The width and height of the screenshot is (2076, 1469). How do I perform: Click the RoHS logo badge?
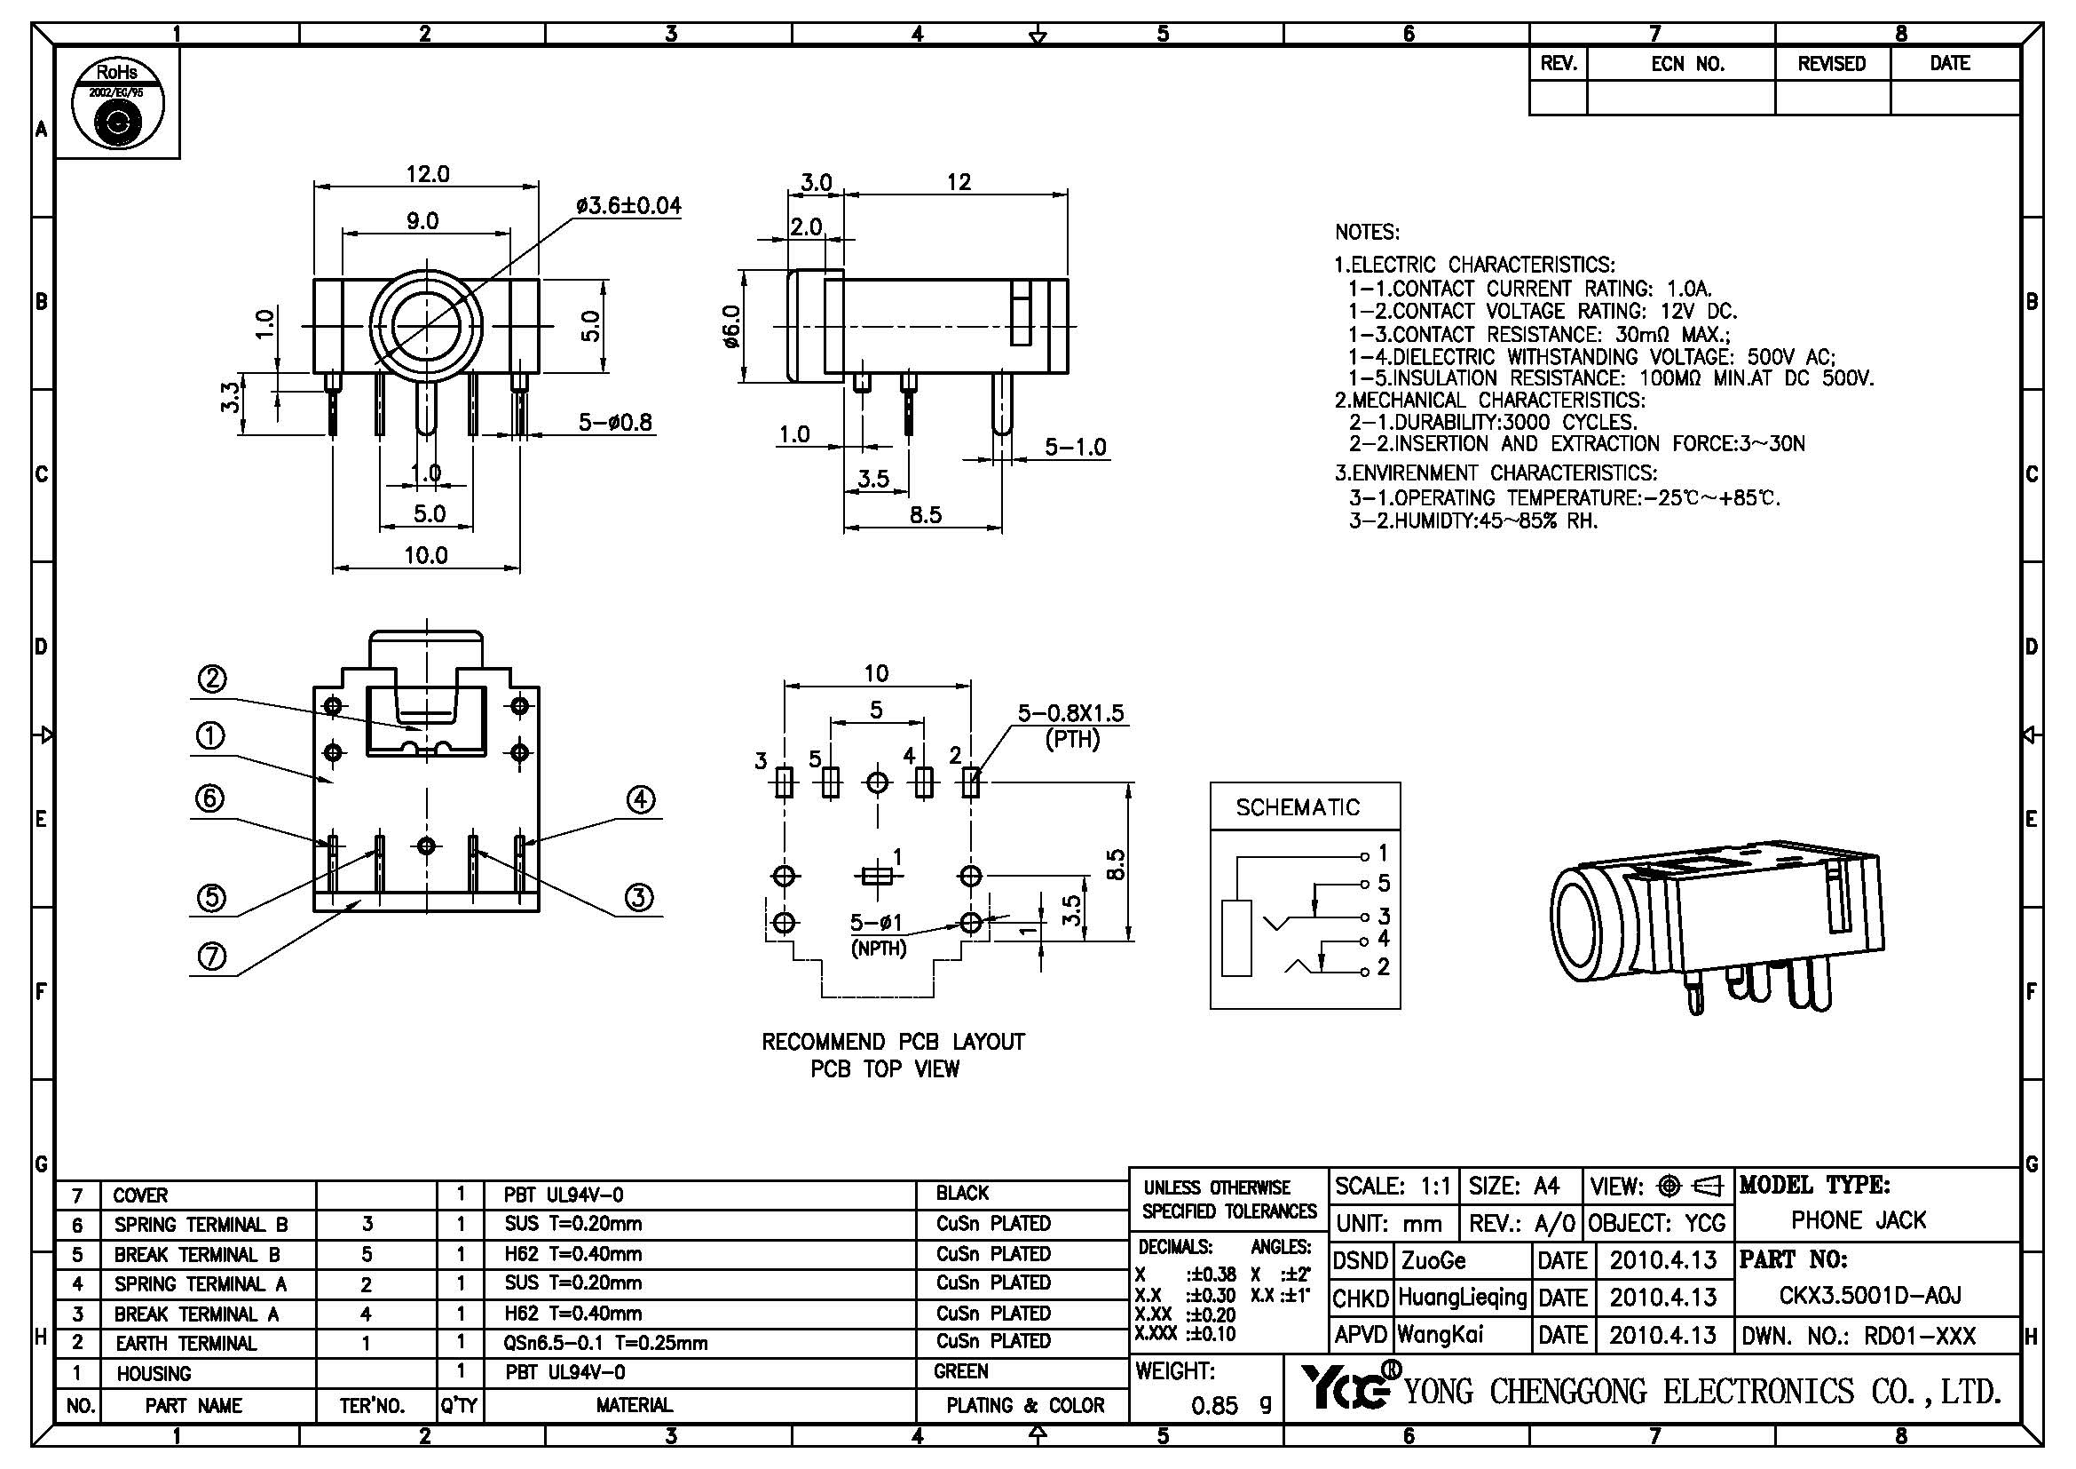(x=117, y=103)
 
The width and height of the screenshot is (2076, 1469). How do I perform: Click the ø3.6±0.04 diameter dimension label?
(x=628, y=206)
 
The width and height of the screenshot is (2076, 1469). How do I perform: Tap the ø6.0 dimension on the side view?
(x=732, y=325)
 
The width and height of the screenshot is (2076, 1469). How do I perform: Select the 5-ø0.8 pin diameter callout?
(x=615, y=423)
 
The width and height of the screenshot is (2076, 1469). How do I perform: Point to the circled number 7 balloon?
(x=211, y=957)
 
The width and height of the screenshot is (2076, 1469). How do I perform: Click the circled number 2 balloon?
(x=211, y=679)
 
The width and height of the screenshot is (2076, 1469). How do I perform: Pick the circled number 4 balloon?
(x=640, y=799)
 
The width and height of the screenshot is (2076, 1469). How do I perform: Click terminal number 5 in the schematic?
(x=1383, y=883)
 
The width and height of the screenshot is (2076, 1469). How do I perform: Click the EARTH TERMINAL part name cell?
(x=185, y=1343)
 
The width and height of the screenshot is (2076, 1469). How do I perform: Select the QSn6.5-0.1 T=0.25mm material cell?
(x=605, y=1343)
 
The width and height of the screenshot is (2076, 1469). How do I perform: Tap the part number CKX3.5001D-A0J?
(x=1870, y=1295)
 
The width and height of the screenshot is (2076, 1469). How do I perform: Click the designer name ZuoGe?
(x=1433, y=1260)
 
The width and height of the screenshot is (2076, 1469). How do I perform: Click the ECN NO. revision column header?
(x=1687, y=64)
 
